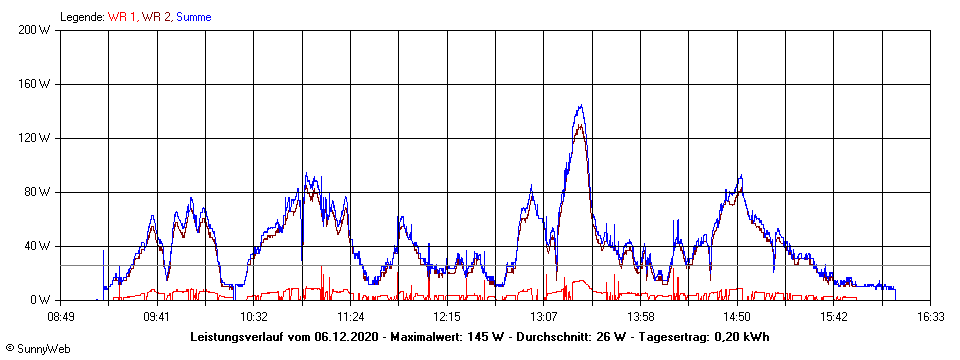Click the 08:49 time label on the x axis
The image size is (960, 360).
click(x=61, y=316)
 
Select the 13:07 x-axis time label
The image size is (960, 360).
click(x=544, y=316)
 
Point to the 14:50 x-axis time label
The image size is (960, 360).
click(x=737, y=316)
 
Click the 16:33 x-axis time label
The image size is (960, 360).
click(x=930, y=316)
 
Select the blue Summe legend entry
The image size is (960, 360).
click(x=194, y=17)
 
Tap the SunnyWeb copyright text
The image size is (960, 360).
click(x=36, y=349)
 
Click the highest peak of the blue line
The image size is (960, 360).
click(x=580, y=106)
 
